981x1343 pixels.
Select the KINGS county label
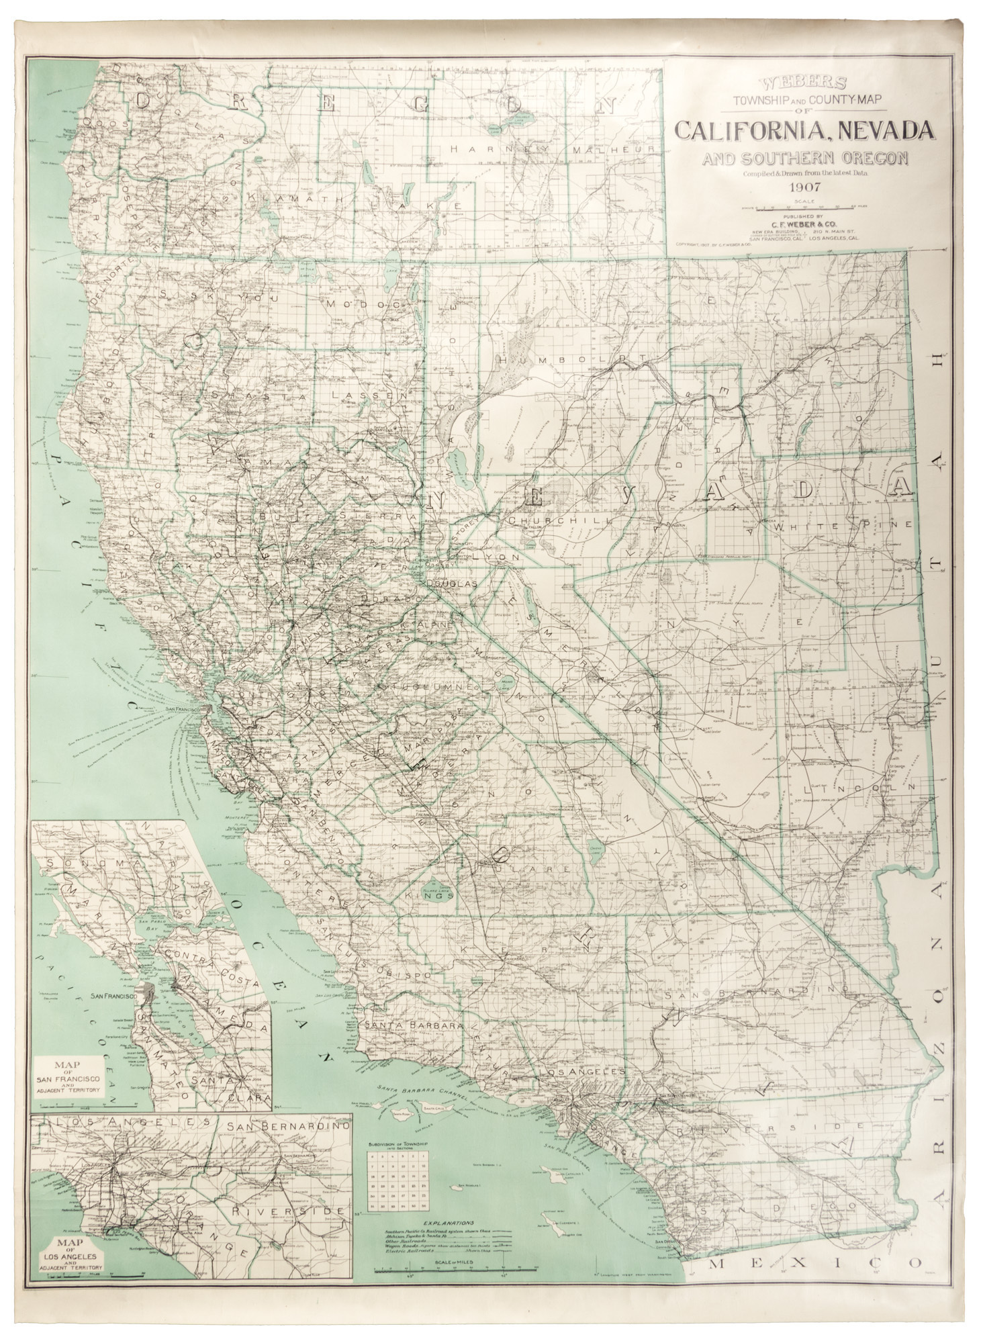tap(432, 895)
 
